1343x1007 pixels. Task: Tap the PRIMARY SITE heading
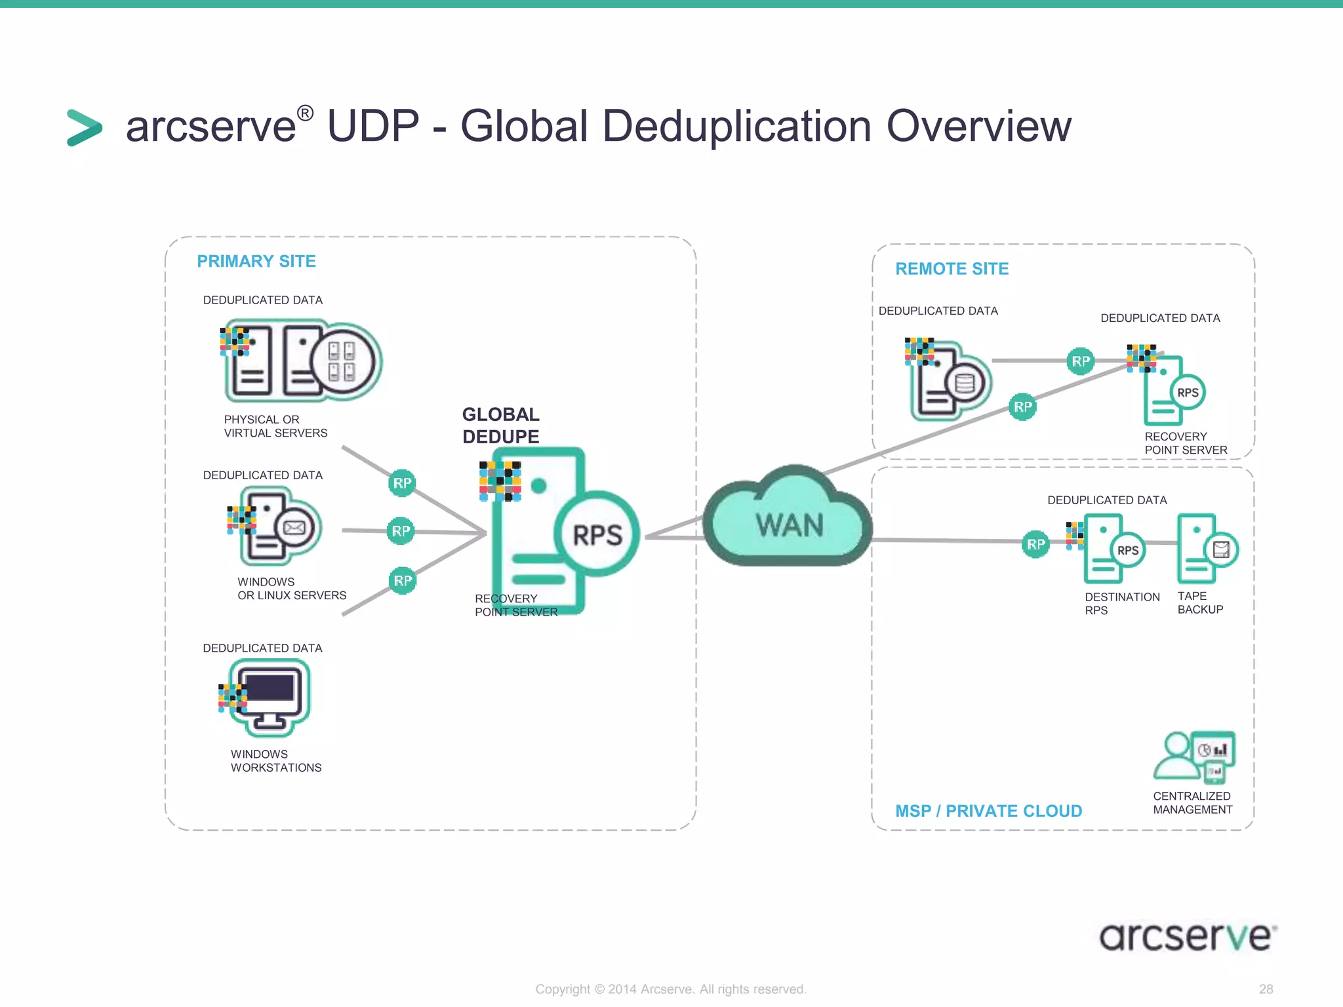[x=256, y=262]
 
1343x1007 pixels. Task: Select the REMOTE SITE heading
[x=952, y=269]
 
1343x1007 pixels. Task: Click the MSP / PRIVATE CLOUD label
[x=988, y=811]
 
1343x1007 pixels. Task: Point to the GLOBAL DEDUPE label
[x=500, y=425]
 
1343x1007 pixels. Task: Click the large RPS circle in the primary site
[x=597, y=534]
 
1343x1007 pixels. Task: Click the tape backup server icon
[x=1205, y=549]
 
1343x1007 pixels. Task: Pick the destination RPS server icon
[x=1113, y=549]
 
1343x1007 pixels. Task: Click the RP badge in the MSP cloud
[x=1035, y=544]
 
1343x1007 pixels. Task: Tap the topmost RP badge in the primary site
[x=402, y=483]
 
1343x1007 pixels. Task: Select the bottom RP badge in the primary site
[x=403, y=581]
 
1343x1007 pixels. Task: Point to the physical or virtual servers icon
[x=302, y=361]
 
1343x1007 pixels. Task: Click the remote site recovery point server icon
[x=1173, y=391]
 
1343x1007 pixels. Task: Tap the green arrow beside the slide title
[x=85, y=128]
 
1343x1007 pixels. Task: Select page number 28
[x=1266, y=989]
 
